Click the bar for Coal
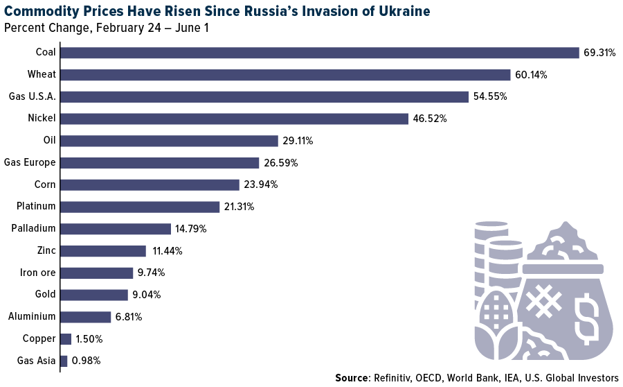(320, 53)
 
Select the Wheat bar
(285, 75)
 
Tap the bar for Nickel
(235, 119)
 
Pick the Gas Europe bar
(160, 163)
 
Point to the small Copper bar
(66, 339)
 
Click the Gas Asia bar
(64, 361)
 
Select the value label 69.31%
(599, 53)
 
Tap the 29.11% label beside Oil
(298, 141)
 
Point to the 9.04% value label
(147, 295)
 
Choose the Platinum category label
(36, 207)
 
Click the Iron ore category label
(37, 273)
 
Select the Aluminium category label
(32, 317)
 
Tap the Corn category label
(45, 184)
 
